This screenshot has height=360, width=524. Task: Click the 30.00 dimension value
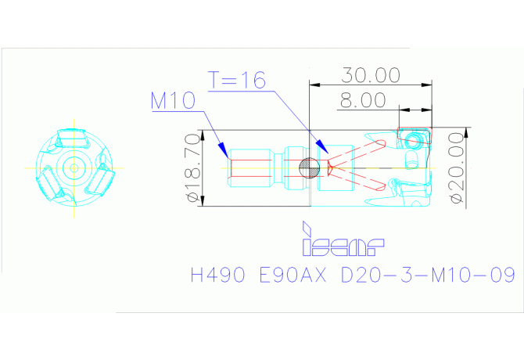(x=370, y=75)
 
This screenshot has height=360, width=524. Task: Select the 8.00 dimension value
(x=363, y=100)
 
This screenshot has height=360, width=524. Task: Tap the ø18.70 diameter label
(x=194, y=167)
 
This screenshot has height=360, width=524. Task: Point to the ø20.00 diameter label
(x=457, y=167)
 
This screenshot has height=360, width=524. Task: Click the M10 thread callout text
(x=173, y=100)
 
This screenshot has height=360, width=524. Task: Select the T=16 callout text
(x=237, y=80)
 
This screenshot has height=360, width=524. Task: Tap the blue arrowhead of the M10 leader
(x=223, y=150)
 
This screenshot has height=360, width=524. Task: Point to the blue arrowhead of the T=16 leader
(x=322, y=146)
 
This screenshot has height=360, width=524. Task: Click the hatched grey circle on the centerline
(x=310, y=168)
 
